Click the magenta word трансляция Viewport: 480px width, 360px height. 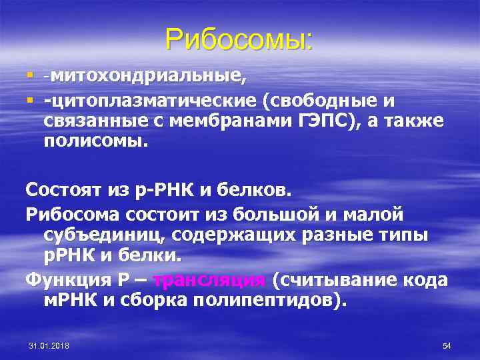click(209, 279)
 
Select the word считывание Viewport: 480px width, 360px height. click(337, 279)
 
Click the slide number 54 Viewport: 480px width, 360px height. click(447, 345)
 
